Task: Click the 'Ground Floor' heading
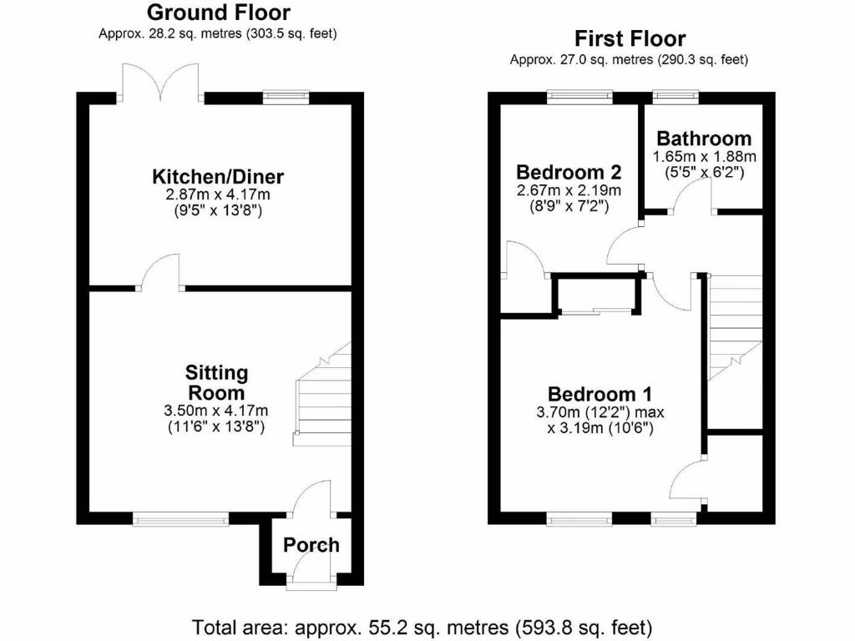coord(218,13)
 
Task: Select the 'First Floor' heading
coord(630,39)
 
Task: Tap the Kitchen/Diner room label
coord(218,177)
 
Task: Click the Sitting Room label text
coord(215,382)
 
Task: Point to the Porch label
coord(311,545)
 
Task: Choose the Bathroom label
coord(703,139)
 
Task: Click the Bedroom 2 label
coord(568,173)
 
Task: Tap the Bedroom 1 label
coord(600,394)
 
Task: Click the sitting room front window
coord(180,519)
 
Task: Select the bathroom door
coord(693,199)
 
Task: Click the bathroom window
coord(675,97)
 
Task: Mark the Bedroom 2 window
coord(579,97)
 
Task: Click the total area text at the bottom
coord(422,626)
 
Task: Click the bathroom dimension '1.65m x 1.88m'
coord(703,157)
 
